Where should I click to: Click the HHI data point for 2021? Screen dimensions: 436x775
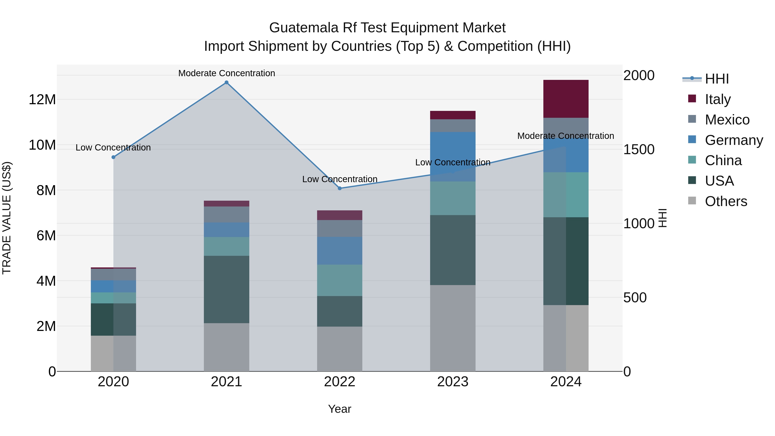pyautogui.click(x=226, y=82)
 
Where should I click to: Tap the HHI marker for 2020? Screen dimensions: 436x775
pyautogui.click(x=113, y=157)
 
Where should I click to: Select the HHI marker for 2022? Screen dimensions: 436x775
pyautogui.click(x=340, y=188)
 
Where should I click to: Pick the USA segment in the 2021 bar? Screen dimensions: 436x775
pyautogui.click(x=226, y=289)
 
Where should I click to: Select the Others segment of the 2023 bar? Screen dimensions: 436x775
pyautogui.click(x=453, y=328)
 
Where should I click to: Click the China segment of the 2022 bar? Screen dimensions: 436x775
pyautogui.click(x=340, y=280)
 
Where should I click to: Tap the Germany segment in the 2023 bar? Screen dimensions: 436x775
pyautogui.click(x=453, y=157)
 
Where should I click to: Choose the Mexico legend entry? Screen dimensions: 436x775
pyautogui.click(x=727, y=120)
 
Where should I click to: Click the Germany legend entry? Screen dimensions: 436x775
pyautogui.click(x=733, y=140)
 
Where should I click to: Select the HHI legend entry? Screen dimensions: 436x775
pyautogui.click(x=717, y=79)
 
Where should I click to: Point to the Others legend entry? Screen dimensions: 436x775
pyautogui.click(x=726, y=201)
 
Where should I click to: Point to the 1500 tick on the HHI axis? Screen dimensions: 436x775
pyautogui.click(x=639, y=150)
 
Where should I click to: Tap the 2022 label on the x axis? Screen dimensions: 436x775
pyautogui.click(x=340, y=382)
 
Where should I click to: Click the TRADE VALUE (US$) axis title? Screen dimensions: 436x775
pyautogui.click(x=7, y=218)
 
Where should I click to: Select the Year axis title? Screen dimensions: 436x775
pyautogui.click(x=340, y=409)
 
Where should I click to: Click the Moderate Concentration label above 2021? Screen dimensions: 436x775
pyautogui.click(x=226, y=73)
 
